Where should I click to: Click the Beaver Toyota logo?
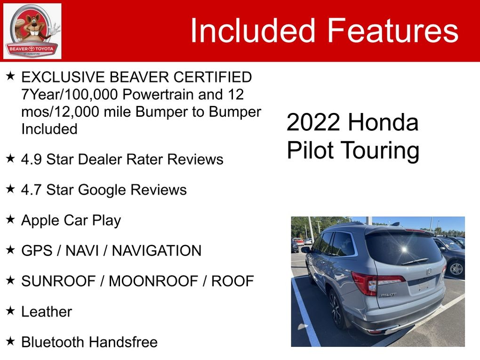coord(32,31)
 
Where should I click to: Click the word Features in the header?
coord(392,31)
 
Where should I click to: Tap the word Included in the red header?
coord(252,31)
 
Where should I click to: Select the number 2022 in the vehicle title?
coord(313,123)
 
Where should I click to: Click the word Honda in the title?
coord(383,123)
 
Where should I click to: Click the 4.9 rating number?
coord(31,160)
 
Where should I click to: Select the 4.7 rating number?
coord(31,190)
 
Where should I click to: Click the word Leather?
coord(47,312)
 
